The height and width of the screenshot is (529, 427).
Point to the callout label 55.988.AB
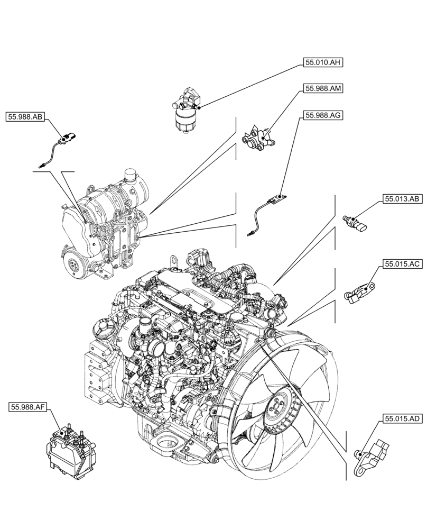click(25, 116)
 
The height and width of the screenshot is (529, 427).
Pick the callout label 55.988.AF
click(29, 407)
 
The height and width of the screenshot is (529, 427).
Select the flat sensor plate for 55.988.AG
click(275, 200)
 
